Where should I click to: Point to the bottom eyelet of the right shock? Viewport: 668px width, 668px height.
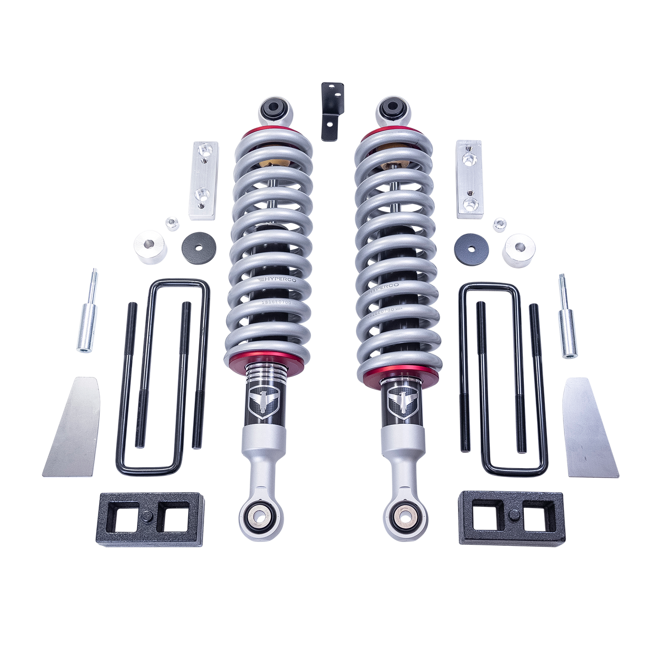click(406, 516)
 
